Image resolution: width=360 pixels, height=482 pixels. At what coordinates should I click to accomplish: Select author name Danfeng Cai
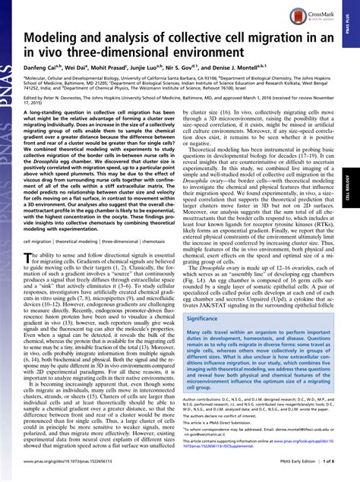[x=45, y=69]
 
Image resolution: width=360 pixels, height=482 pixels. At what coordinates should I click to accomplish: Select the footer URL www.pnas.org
[x=72, y=473]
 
